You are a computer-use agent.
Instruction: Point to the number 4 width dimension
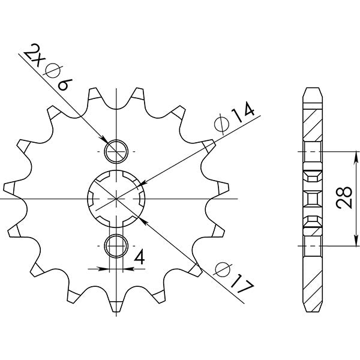(x=139, y=258)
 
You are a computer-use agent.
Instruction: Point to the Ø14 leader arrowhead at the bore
(x=142, y=181)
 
